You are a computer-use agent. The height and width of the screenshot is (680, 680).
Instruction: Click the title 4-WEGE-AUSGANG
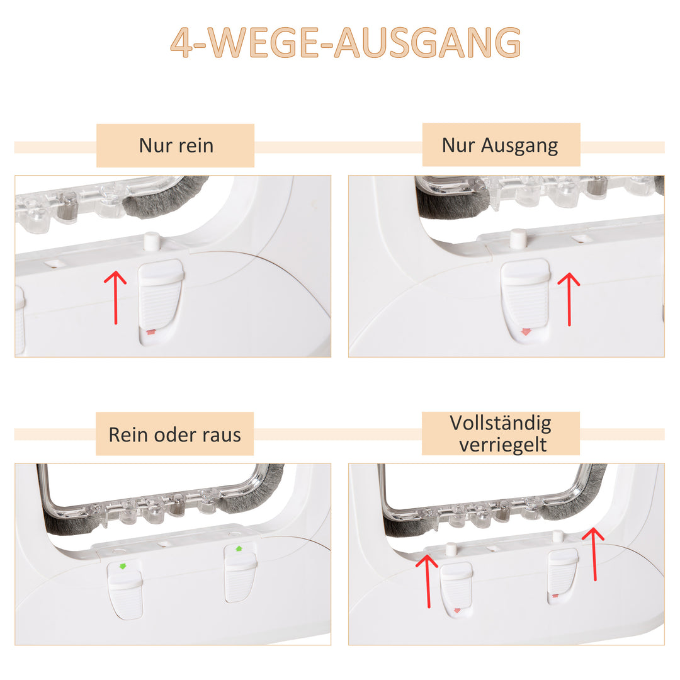[x=345, y=42]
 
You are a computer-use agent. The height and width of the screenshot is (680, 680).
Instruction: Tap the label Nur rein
[x=176, y=145]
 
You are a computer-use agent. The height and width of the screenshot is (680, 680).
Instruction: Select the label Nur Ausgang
[x=499, y=145]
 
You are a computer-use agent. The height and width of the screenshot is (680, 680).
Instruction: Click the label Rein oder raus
[x=174, y=434]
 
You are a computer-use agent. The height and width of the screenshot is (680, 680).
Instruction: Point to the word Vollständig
[x=501, y=423]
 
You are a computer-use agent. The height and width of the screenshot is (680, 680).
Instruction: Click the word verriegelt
[x=502, y=445]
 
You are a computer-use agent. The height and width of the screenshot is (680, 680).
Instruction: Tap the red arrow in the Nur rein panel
[x=115, y=297]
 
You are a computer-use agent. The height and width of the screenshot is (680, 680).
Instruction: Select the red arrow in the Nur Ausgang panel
[x=569, y=299]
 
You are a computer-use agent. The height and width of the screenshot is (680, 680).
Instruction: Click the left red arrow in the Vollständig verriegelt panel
[x=428, y=581]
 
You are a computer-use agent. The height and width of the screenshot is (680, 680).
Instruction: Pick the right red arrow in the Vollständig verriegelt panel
[x=594, y=554]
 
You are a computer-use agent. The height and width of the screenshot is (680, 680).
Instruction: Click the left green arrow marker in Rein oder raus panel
[x=123, y=566]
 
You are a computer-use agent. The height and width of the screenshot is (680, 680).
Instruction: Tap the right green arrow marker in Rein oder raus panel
[x=238, y=548]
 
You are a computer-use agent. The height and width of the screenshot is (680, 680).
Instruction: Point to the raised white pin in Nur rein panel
[x=152, y=241]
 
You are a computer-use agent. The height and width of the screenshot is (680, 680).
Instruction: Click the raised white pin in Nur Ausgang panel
[x=518, y=239]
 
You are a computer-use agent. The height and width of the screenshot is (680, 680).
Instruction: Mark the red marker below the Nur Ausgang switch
[x=526, y=332]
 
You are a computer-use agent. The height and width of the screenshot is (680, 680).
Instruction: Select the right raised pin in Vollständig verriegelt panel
[x=558, y=536]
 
